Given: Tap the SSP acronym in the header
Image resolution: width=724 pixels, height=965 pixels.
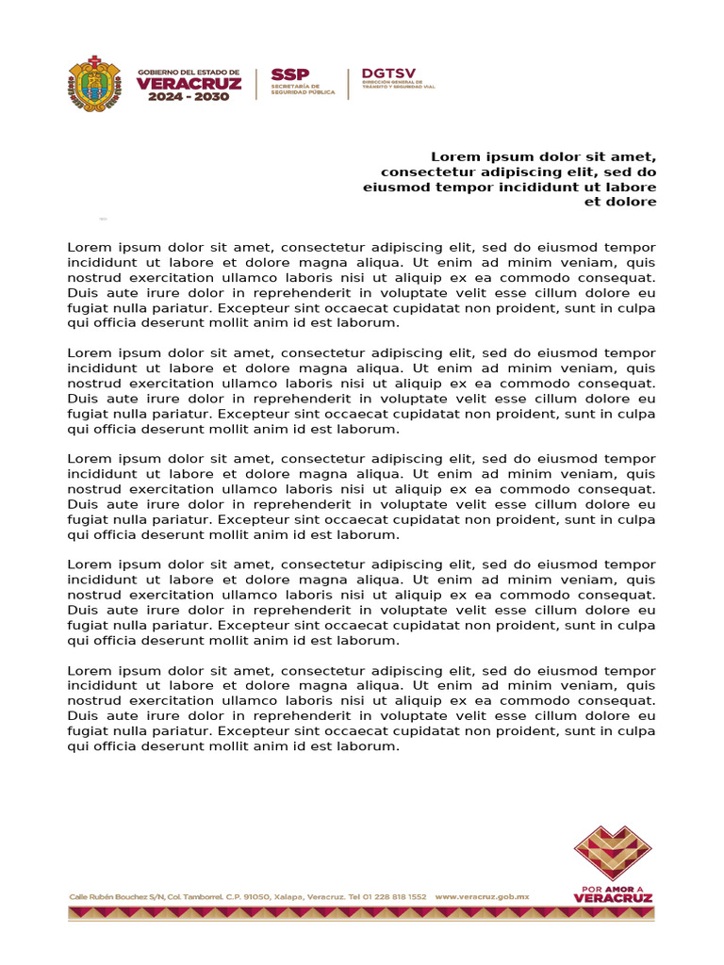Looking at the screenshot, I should click(x=289, y=74).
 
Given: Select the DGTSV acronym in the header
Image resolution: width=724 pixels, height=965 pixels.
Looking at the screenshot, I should click(x=387, y=74).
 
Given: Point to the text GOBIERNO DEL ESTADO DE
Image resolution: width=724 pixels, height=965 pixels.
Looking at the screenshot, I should click(x=189, y=71).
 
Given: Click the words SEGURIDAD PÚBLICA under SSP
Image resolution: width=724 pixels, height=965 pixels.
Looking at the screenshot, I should click(x=302, y=92).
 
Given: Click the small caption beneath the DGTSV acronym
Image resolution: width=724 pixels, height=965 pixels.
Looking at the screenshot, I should click(x=398, y=86).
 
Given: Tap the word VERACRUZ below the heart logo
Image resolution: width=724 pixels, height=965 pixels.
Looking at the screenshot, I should click(x=613, y=898).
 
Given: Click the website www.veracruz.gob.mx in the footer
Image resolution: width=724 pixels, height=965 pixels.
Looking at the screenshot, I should click(x=482, y=897).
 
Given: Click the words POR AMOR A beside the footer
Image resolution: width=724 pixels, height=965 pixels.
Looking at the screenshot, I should click(x=613, y=888).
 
